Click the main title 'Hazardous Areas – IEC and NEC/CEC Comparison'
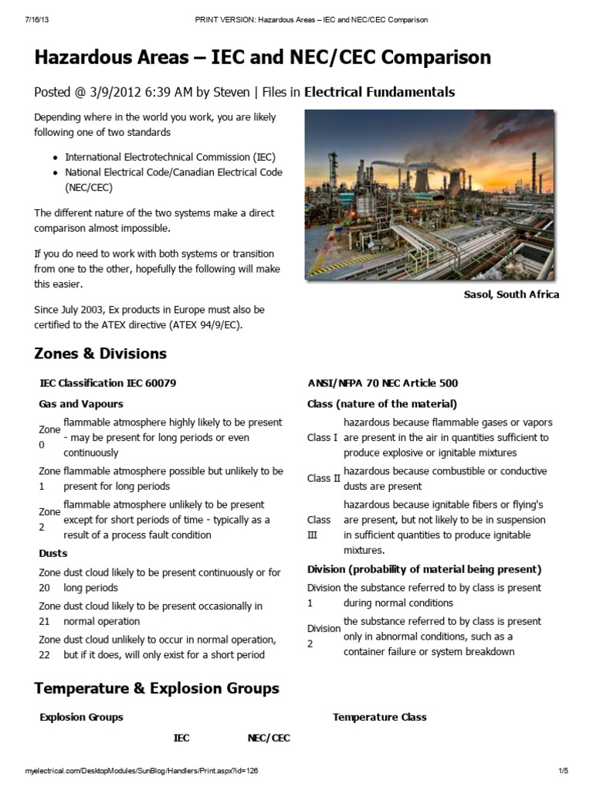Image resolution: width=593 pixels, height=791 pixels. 262,58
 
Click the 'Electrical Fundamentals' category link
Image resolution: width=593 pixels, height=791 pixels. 379,93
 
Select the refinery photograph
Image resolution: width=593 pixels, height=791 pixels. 429,194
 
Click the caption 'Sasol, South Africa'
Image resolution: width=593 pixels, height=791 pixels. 510,294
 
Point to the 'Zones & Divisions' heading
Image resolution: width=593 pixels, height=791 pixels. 100,354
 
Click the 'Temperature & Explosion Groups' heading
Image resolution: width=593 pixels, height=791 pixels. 157,688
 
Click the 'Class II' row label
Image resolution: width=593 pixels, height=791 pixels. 324,478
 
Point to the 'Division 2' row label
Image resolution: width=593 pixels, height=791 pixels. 323,636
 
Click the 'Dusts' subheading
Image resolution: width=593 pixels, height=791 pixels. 53,553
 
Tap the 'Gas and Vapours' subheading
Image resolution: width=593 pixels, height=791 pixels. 80,403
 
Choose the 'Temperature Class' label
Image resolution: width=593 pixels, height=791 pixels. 379,717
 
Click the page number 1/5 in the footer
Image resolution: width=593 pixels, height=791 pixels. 563,771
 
